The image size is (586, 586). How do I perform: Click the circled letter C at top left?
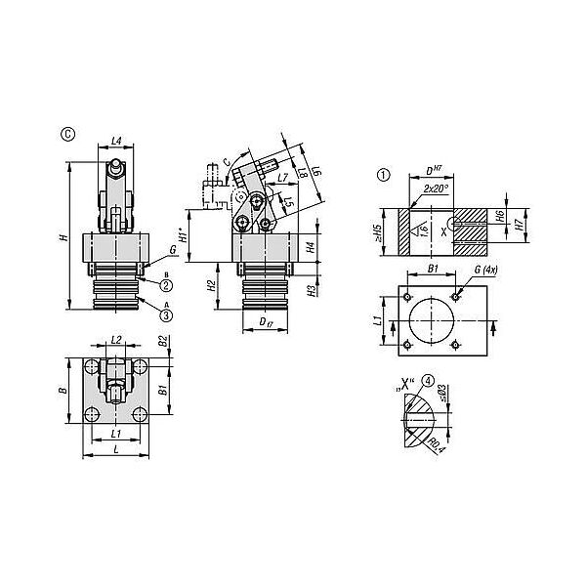coord(66,134)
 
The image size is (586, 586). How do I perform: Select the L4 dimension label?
coord(116,142)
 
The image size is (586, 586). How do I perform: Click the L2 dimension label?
coord(115,340)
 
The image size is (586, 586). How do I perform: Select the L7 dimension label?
coord(281,179)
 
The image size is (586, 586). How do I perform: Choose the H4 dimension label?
coord(311,248)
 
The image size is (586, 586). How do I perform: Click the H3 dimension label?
coord(311,290)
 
